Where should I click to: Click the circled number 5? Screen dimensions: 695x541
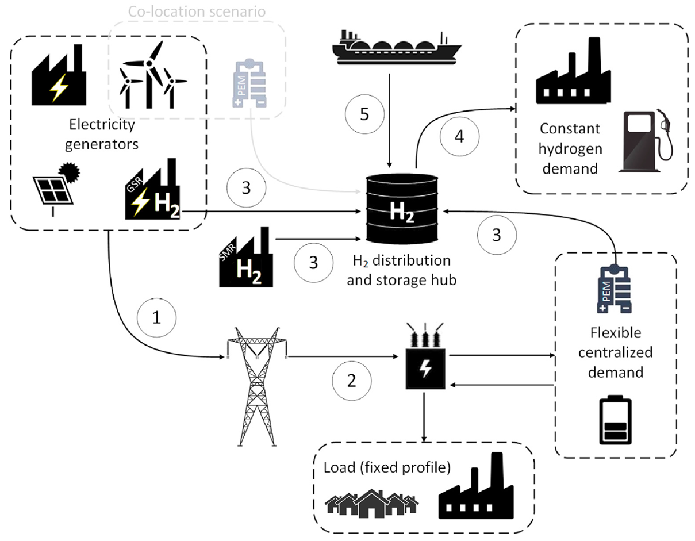pyautogui.click(x=364, y=114)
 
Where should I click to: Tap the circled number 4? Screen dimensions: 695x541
pyautogui.click(x=459, y=136)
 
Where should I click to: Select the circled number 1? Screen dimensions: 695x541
pyautogui.click(x=156, y=317)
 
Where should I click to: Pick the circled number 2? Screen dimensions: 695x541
pyautogui.click(x=351, y=381)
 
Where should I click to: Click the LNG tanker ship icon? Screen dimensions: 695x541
pyautogui.click(x=397, y=47)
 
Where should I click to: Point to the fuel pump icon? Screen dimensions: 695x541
pyautogui.click(x=646, y=141)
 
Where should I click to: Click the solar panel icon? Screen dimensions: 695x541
pyautogui.click(x=56, y=189)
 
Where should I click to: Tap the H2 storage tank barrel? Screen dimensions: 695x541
pyautogui.click(x=402, y=209)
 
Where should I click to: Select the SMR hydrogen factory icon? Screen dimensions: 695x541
pyautogui.click(x=246, y=257)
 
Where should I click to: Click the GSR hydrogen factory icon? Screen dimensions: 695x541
pyautogui.click(x=152, y=189)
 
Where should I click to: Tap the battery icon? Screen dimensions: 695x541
pyautogui.click(x=615, y=420)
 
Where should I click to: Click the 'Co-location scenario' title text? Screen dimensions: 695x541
pyautogui.click(x=197, y=12)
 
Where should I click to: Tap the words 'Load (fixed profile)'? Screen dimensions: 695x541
pyautogui.click(x=387, y=467)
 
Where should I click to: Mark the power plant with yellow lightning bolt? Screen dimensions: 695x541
pyautogui.click(x=59, y=75)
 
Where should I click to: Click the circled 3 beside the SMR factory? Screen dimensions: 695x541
pyautogui.click(x=313, y=263)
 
